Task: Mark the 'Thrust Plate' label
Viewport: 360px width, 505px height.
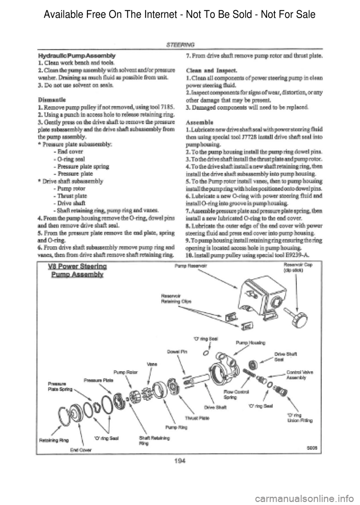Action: click(199, 418)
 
